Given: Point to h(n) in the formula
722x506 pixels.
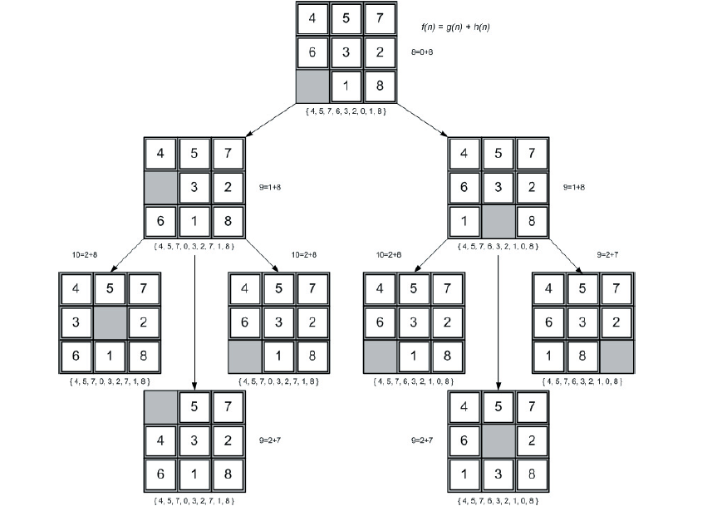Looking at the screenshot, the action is (481, 27).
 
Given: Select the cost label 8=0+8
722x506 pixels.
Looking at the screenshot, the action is (422, 52).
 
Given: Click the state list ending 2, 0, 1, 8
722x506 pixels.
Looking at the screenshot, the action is (346, 111).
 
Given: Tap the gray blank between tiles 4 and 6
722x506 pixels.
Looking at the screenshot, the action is (160, 187).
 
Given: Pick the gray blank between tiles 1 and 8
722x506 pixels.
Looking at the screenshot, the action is (498, 221).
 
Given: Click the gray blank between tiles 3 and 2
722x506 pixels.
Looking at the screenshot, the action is (110, 322).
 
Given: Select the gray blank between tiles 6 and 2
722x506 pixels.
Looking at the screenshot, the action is (498, 440).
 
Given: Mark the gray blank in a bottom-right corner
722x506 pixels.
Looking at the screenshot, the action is (616, 356).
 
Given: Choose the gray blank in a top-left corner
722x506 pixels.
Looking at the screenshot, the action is (160, 406).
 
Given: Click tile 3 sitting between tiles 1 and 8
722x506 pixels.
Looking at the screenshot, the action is (498, 474).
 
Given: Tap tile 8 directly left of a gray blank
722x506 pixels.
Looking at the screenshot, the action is (582, 356).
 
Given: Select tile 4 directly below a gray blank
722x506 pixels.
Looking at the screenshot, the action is (160, 440).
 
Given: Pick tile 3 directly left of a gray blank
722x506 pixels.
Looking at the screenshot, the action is (76, 322).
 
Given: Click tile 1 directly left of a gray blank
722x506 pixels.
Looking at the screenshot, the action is (464, 221).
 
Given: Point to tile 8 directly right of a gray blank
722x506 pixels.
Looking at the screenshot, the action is (532, 221).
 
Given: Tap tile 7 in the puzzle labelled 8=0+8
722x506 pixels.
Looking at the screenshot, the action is (380, 18).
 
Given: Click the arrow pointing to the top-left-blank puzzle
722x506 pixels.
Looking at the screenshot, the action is (194, 322).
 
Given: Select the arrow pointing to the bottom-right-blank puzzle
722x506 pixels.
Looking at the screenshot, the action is (566, 256).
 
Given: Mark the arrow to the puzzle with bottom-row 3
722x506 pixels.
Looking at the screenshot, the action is (498, 322).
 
